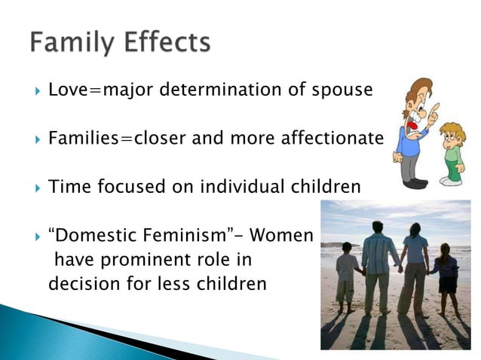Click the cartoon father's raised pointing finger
click(434, 111)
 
